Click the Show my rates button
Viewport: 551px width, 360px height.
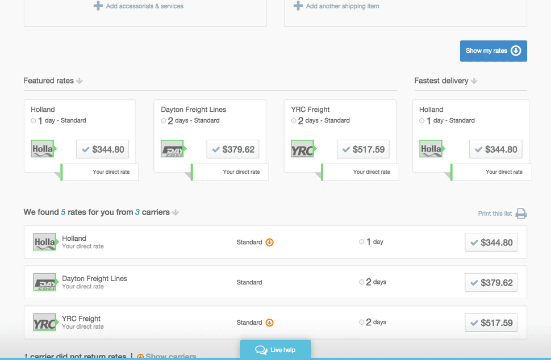click(493, 51)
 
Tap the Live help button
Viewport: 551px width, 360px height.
click(275, 350)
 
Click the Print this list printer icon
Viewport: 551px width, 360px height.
click(521, 214)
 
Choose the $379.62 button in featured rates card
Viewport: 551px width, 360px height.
click(233, 149)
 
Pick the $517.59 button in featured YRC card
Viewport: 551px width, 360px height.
click(363, 149)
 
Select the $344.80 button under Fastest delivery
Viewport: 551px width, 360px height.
click(495, 149)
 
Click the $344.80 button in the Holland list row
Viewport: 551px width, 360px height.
click(491, 242)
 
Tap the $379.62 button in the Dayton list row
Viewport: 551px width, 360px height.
click(491, 283)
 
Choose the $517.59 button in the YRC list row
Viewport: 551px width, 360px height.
click(491, 323)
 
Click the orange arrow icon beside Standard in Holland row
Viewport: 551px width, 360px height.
click(270, 242)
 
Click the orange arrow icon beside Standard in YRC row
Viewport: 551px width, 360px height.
click(270, 323)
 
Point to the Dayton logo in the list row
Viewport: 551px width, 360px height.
click(45, 282)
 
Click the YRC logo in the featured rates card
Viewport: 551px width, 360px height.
click(303, 149)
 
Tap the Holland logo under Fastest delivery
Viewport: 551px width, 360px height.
click(431, 149)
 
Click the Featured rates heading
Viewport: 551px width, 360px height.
click(49, 81)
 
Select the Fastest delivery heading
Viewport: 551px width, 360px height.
click(441, 81)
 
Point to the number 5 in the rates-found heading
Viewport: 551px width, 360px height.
click(64, 212)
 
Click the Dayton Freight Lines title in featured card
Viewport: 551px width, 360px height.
click(193, 110)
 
